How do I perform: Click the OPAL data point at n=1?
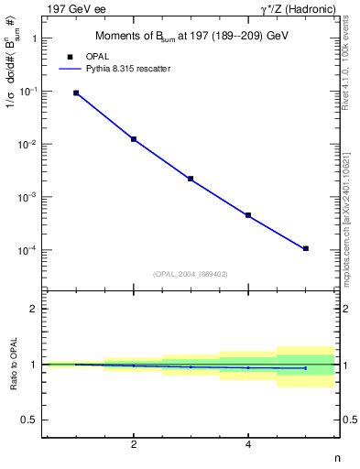76,93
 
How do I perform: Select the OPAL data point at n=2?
134,139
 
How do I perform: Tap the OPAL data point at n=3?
191,179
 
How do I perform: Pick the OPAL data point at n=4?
248,215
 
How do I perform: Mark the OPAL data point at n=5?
305,248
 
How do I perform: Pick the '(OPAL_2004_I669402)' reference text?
191,273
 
